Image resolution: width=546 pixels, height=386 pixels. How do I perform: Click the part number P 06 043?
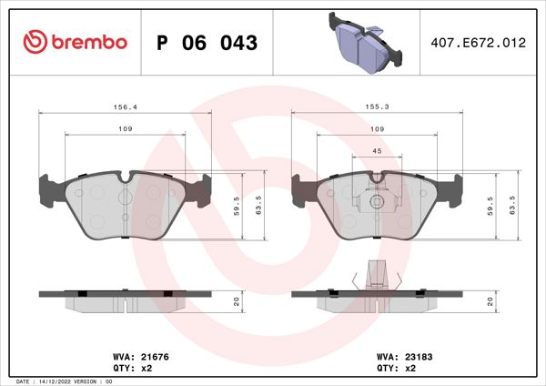pyautogui.click(x=207, y=43)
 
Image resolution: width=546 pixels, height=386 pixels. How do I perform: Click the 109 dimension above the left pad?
pyautogui.click(x=126, y=130)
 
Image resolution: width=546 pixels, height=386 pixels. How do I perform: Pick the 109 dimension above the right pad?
pyautogui.click(x=377, y=130)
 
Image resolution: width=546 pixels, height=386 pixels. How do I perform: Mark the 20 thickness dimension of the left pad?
pyautogui.click(x=237, y=301)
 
